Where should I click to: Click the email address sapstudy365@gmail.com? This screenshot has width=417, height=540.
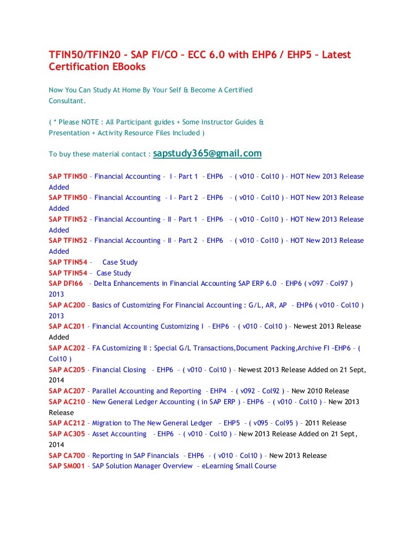coord(207,154)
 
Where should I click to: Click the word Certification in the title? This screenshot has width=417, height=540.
coord(79,67)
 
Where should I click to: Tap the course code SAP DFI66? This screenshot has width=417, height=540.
coord(67,284)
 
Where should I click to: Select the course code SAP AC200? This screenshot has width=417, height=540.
coord(67,305)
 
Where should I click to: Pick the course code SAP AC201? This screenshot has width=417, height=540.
coord(67,326)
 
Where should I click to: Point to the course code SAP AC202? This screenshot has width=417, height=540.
coord(67,348)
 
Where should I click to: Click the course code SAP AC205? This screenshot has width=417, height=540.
coord(67,370)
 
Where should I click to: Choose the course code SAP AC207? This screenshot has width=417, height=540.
coord(67,391)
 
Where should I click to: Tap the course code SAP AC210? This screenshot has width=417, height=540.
coord(67,402)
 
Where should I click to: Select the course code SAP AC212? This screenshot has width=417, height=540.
coord(67,423)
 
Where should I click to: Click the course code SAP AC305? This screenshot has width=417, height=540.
coord(67,434)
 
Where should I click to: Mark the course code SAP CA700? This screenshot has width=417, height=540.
coord(67,455)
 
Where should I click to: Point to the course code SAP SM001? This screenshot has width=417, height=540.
coord(67,466)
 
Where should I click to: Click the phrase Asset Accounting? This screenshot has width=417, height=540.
coord(119,434)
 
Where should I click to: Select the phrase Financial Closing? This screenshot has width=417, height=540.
coord(119,370)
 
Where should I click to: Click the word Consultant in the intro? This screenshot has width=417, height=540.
coord(67,101)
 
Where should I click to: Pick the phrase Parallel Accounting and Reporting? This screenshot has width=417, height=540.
coord(147,391)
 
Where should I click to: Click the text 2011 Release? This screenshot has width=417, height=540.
coord(326,423)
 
